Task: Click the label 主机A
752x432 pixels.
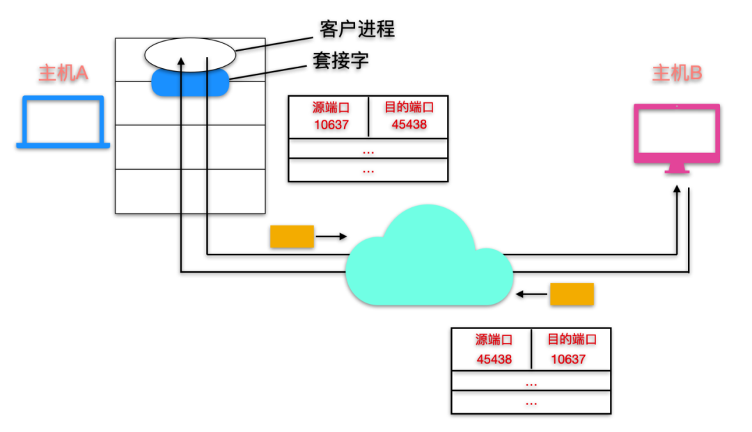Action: (x=63, y=73)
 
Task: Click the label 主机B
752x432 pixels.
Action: (x=676, y=74)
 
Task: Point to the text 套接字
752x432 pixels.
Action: (x=340, y=61)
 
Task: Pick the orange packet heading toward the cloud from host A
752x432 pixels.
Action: (x=292, y=237)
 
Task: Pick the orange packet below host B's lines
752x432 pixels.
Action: (x=572, y=294)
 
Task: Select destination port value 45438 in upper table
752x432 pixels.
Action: (x=409, y=125)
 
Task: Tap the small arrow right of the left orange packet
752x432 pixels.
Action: (x=331, y=237)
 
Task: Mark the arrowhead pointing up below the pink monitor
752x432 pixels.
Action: (x=677, y=189)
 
